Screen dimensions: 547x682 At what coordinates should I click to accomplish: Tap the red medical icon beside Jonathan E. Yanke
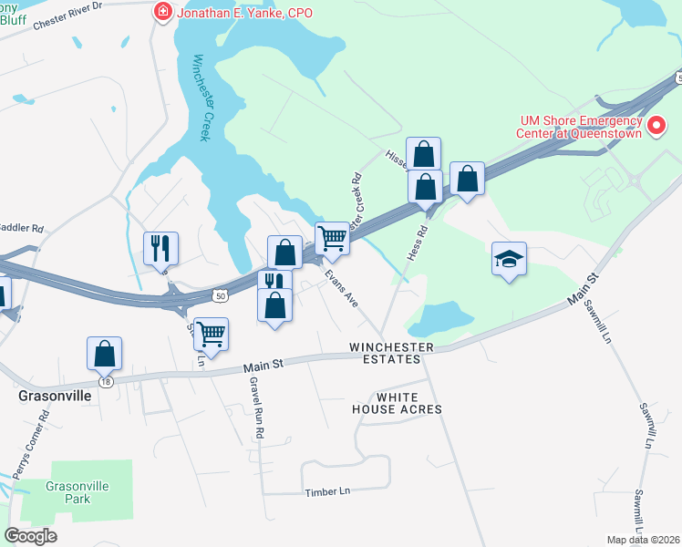[163, 12]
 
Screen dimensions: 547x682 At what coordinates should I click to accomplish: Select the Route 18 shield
[107, 383]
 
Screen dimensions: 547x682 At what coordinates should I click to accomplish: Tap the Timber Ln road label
[327, 491]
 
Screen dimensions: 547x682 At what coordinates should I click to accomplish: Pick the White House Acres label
[397, 403]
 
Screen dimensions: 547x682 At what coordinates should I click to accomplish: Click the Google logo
[31, 536]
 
